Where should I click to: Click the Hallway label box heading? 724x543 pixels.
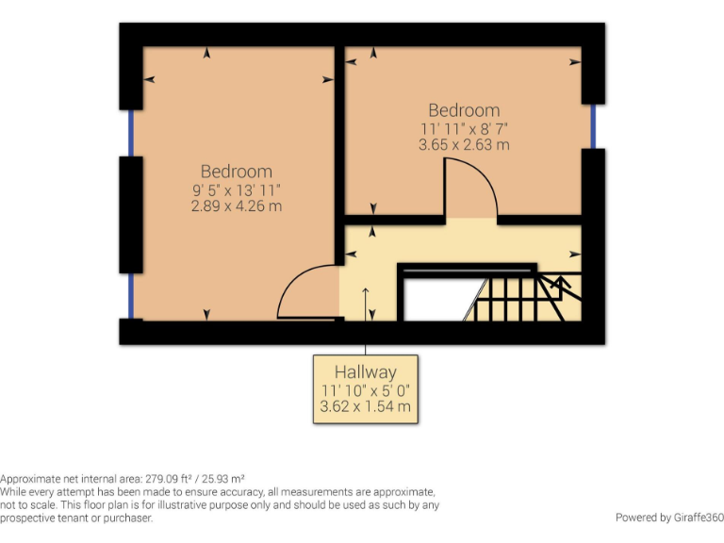365,371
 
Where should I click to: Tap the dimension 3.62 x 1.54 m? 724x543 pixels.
365,409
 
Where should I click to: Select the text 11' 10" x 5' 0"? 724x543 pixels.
365,390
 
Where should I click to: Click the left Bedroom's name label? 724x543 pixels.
237,171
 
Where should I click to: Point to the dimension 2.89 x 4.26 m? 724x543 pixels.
237,206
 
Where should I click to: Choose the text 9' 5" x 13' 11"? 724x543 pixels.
237,189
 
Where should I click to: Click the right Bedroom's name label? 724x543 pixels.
464,110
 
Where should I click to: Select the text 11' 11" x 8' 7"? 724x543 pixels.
464,127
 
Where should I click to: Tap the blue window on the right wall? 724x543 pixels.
593,126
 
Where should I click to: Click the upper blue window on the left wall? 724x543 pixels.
130,133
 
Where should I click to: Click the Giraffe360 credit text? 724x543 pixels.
668,518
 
